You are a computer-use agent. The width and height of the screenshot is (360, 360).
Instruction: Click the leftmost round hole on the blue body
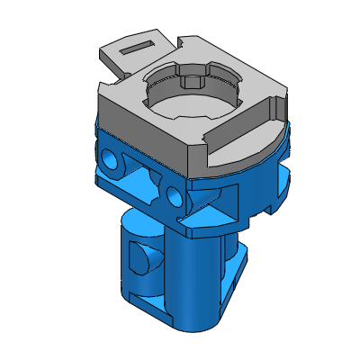(x=111, y=159)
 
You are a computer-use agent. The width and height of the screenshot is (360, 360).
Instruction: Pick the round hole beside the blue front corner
(x=175, y=193)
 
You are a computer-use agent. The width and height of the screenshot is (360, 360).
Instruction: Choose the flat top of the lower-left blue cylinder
(x=139, y=220)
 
